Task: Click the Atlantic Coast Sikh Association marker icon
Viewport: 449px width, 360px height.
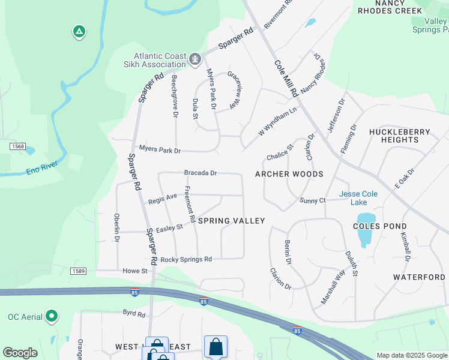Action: click(195, 59)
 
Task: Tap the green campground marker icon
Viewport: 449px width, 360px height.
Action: click(79, 31)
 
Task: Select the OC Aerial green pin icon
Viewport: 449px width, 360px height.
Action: click(52, 316)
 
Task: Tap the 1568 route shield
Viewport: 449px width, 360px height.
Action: click(17, 146)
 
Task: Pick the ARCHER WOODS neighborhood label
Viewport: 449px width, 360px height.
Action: click(289, 174)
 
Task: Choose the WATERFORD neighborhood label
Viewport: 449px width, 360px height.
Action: click(419, 277)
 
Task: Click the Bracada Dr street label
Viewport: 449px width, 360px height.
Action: click(200, 173)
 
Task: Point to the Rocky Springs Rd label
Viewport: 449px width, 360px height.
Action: click(186, 260)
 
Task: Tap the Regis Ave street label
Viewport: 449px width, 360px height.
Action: click(163, 196)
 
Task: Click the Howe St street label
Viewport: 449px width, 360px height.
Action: click(135, 271)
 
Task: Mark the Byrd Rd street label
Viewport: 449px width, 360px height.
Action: click(134, 314)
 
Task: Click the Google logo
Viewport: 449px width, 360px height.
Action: click(20, 353)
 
